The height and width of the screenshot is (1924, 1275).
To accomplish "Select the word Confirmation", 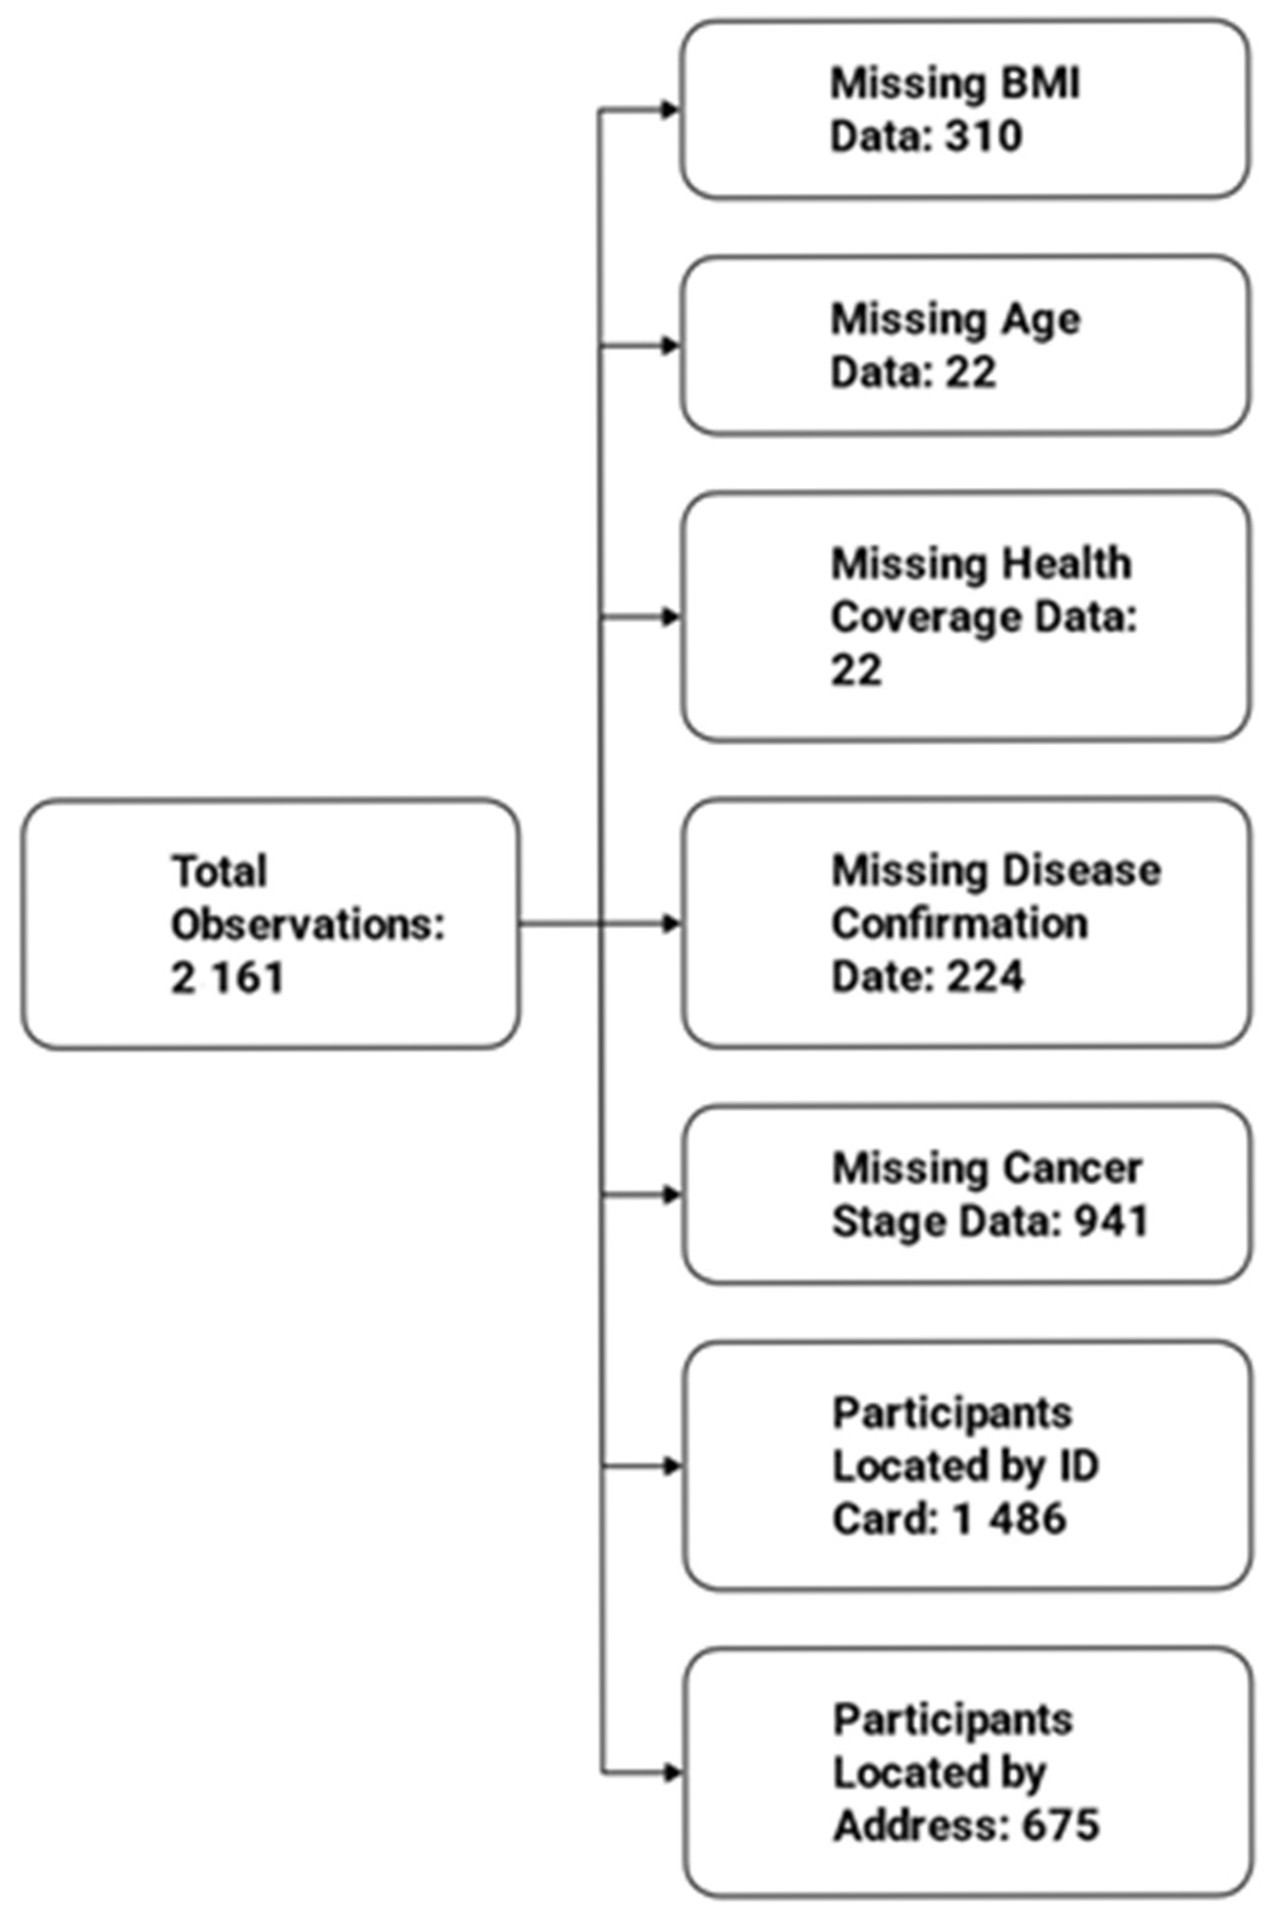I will (x=959, y=923).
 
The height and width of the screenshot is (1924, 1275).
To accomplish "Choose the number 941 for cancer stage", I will (x=1111, y=1222).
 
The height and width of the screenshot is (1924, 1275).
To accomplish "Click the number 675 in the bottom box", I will (x=1060, y=1826).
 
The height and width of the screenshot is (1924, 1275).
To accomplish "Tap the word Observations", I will (x=307, y=925).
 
